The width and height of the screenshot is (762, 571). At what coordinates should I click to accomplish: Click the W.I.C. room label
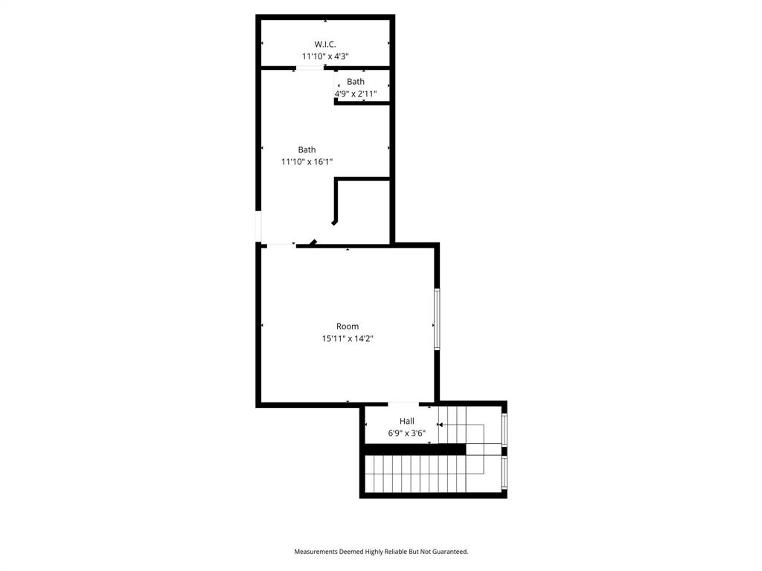325,44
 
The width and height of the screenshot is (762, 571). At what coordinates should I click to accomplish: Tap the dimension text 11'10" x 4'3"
325,56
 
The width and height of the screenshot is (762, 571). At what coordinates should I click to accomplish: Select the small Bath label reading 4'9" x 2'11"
356,88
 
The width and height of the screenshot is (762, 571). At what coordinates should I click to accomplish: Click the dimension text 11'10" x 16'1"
307,161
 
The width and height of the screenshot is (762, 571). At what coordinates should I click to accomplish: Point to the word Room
348,326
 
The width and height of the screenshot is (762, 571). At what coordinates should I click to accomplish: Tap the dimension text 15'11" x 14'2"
348,338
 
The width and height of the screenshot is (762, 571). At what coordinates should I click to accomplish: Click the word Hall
407,422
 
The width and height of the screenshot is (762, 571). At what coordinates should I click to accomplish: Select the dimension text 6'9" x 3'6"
407,433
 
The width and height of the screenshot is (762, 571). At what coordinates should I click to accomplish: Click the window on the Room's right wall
437,319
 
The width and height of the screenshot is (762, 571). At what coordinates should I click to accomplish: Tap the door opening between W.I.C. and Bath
310,68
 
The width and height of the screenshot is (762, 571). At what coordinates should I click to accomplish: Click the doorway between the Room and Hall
403,404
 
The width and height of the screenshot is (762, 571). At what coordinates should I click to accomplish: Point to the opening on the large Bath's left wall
258,226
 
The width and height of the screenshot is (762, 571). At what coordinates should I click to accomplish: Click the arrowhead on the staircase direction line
440,425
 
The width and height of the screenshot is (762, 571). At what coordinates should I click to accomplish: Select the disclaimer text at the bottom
381,552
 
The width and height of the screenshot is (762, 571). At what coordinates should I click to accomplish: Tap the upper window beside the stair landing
505,429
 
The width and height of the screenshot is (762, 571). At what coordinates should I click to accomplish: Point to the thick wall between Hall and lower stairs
414,449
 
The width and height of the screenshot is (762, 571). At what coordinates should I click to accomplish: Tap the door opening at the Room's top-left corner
281,245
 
